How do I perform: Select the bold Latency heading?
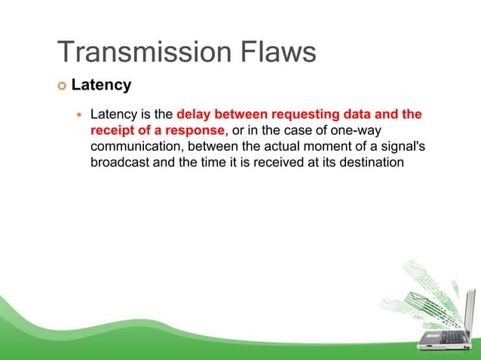click(x=101, y=85)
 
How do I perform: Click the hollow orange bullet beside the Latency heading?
click(x=62, y=86)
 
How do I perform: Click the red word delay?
click(x=193, y=115)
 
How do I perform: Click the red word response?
click(x=193, y=132)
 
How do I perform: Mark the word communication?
click(x=138, y=148)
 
